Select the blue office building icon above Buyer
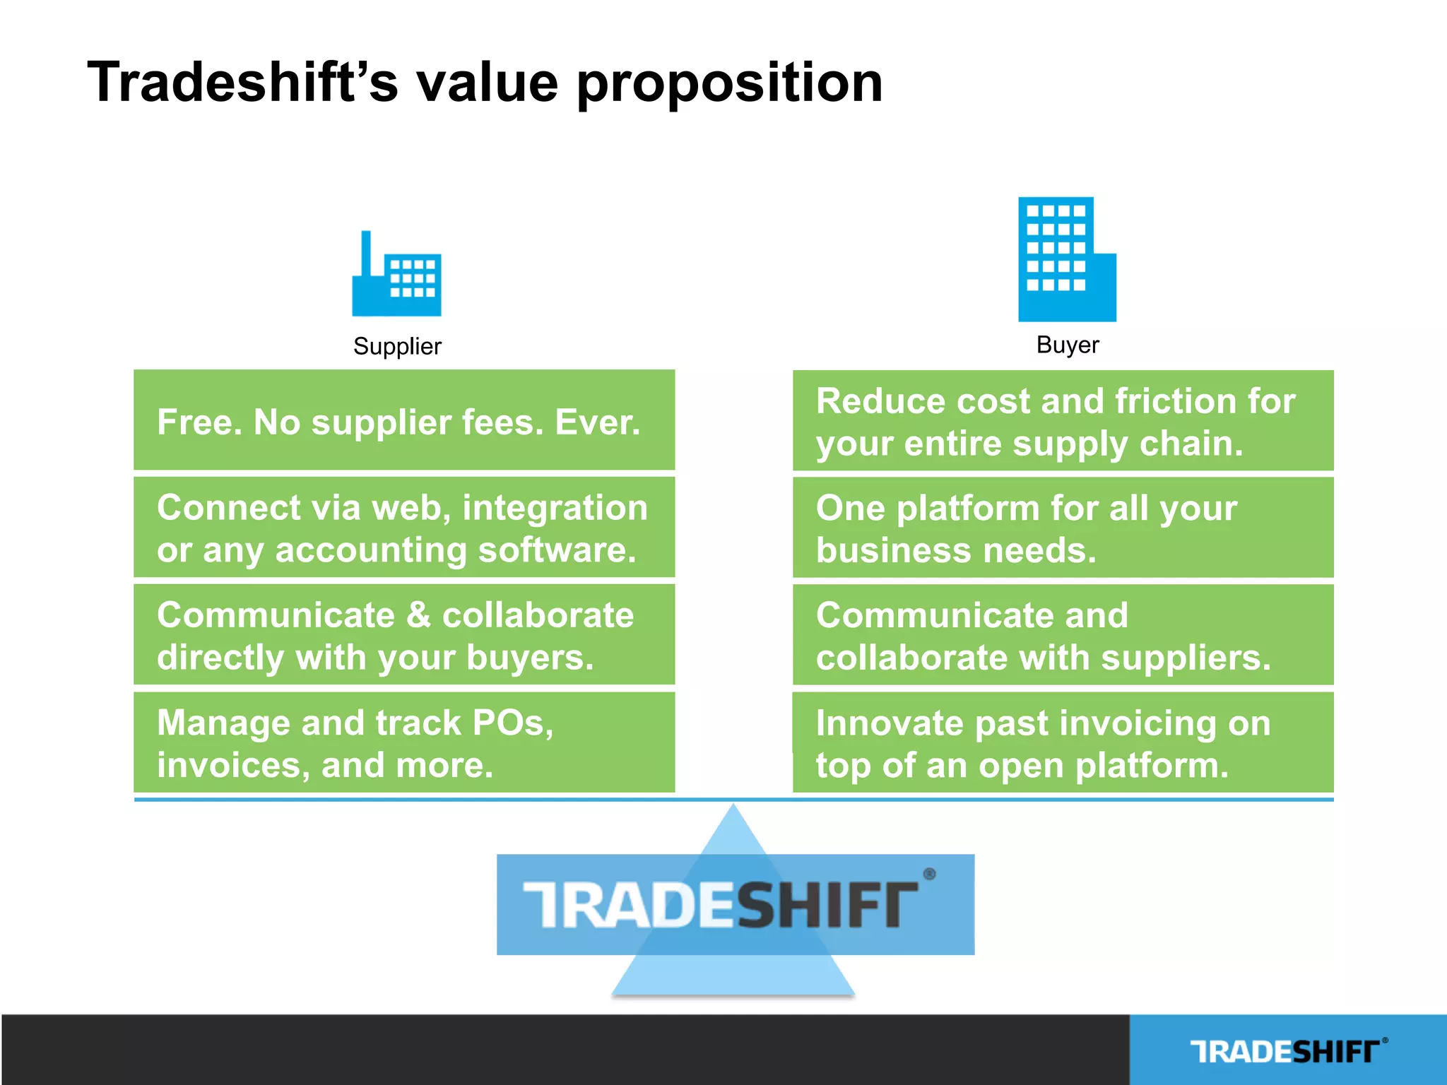(1066, 259)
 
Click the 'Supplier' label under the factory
(397, 346)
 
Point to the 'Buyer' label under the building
(1067, 345)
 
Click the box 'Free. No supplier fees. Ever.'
(404, 420)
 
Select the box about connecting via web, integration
(404, 528)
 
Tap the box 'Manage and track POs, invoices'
(404, 743)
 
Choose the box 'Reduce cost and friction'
(1063, 421)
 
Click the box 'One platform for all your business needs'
(1063, 528)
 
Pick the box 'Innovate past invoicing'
(1063, 743)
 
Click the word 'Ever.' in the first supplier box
(598, 422)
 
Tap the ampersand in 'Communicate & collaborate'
(418, 615)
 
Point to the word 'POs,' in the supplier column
(513, 723)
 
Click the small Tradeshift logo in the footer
(1287, 1051)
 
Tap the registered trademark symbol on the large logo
(930, 874)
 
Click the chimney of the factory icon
(366, 254)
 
